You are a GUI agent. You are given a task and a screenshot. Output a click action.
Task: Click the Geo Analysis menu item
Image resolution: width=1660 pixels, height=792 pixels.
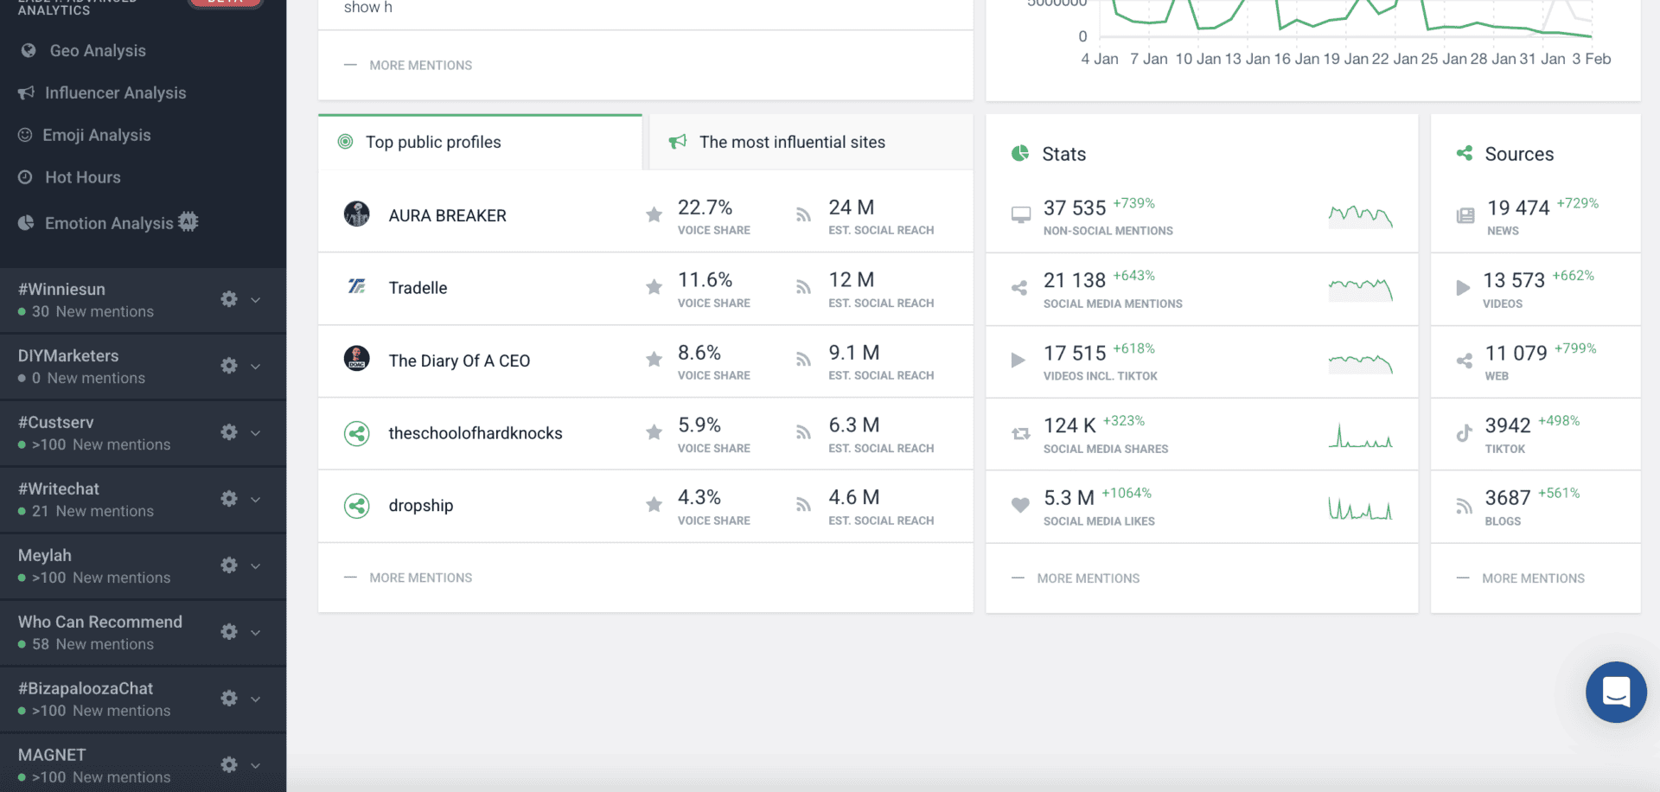tap(97, 51)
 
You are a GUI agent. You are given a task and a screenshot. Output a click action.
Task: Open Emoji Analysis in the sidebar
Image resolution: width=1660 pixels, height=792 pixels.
tap(96, 135)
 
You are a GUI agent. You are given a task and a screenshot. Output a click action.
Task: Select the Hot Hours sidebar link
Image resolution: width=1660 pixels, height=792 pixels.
tap(82, 177)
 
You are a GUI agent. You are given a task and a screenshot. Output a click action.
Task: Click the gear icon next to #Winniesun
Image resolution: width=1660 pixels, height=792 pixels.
tap(229, 299)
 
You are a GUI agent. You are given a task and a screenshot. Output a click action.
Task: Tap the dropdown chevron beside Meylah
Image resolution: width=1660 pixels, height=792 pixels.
tap(256, 565)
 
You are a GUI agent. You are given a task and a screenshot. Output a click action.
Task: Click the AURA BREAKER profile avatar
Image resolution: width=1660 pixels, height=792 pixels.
tap(356, 214)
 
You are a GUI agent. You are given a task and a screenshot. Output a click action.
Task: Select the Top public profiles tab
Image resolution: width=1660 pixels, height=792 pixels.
tap(432, 142)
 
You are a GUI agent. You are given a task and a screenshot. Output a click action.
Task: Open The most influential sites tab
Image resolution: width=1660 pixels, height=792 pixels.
tap(791, 142)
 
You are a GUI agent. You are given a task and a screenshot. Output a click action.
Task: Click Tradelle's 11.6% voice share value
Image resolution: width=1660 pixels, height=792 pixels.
tap(705, 280)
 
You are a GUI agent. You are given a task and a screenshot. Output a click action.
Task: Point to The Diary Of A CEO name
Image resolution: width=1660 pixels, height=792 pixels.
tap(459, 361)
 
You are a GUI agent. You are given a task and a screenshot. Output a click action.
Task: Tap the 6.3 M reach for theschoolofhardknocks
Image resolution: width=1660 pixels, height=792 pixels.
tap(853, 425)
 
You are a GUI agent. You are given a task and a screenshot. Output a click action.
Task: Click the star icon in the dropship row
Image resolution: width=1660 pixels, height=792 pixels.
tap(654, 505)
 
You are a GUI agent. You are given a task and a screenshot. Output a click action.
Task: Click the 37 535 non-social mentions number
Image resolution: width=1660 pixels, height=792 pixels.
tap(1074, 208)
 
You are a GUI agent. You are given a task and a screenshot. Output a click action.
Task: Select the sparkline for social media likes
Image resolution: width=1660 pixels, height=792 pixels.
tap(1360, 508)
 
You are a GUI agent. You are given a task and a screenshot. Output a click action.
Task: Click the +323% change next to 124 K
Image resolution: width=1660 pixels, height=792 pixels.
tap(1123, 421)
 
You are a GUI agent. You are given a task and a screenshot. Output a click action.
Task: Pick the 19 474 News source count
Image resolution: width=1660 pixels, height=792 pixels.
tap(1517, 208)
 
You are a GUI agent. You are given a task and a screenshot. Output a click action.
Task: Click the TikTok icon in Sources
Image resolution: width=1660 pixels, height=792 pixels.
tap(1464, 433)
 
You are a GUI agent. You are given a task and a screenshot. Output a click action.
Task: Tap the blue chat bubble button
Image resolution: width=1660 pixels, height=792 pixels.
tap(1615, 692)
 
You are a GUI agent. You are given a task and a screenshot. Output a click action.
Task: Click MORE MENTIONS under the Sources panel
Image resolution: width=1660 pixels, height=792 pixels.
tap(1532, 578)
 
